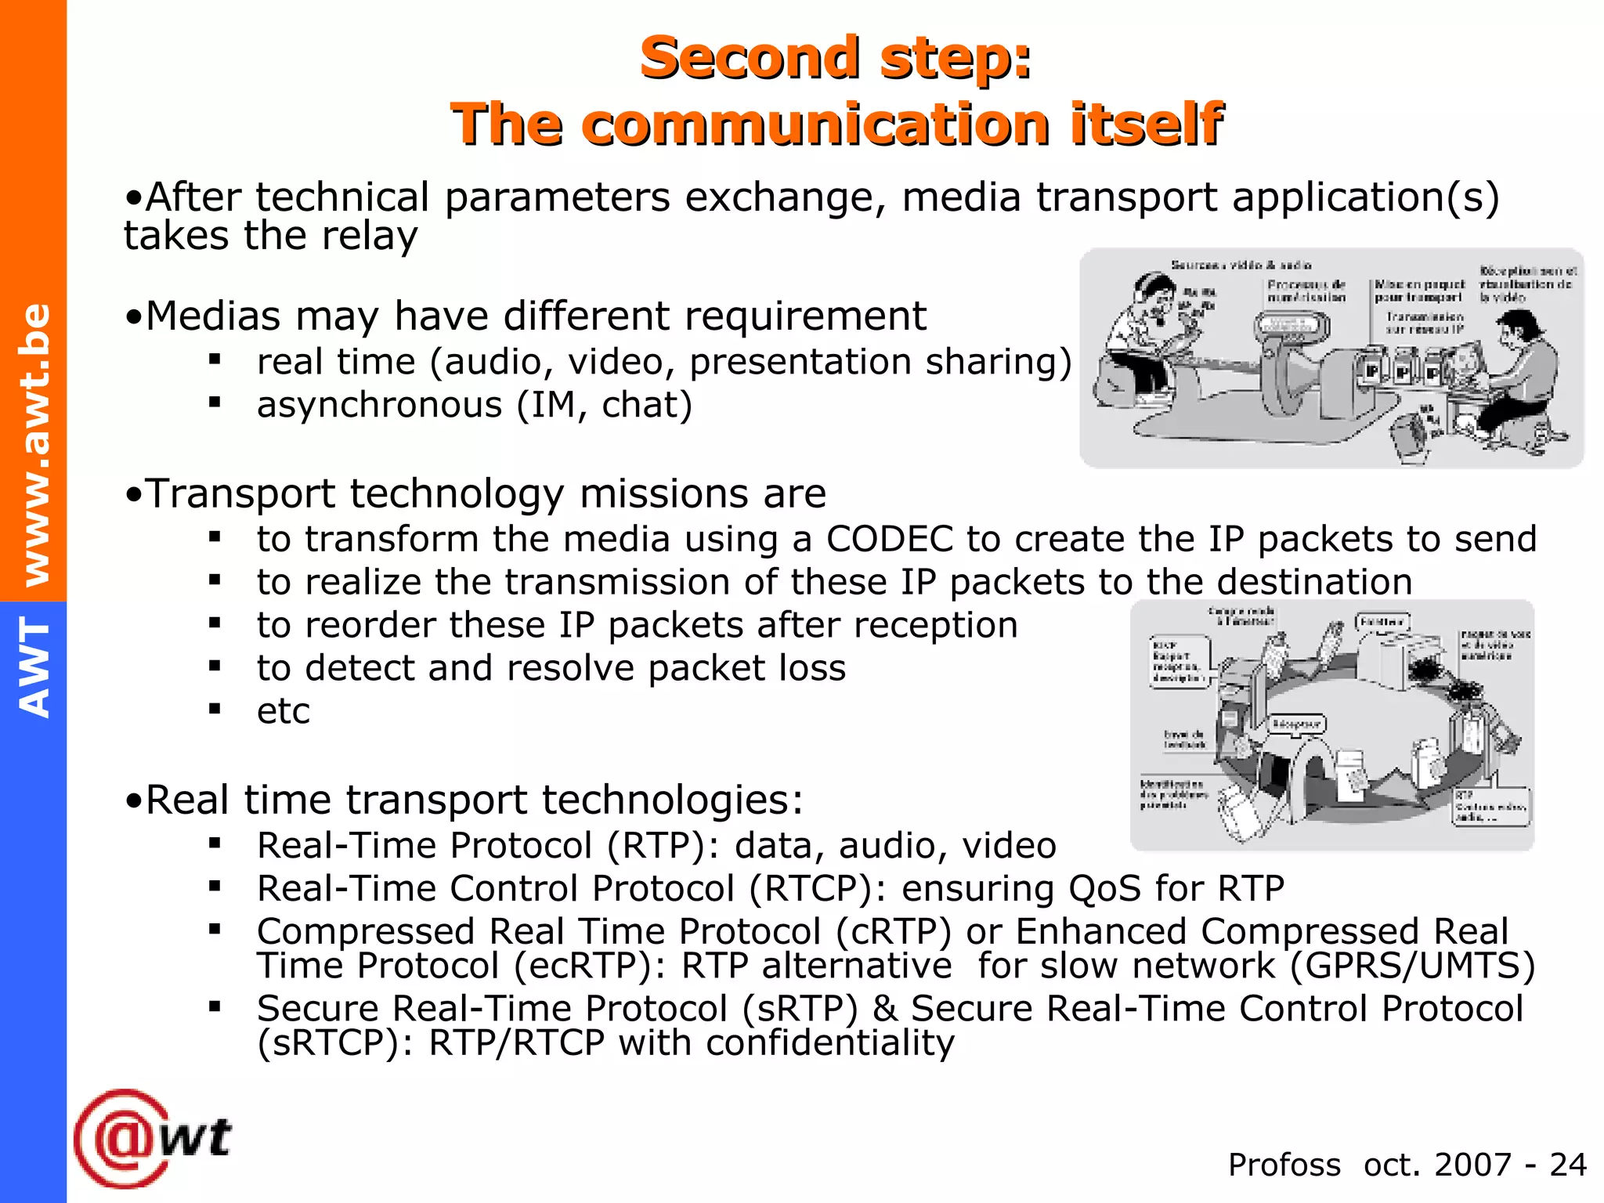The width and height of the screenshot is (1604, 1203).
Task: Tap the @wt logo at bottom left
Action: coord(153,1137)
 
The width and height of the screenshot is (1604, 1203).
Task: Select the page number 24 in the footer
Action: coord(1567,1165)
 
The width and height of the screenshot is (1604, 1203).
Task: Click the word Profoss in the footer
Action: coord(1284,1165)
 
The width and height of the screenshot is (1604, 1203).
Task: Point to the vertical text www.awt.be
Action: coord(35,444)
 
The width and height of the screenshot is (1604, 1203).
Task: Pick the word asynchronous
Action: coord(379,406)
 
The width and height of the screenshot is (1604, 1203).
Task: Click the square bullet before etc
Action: coord(215,709)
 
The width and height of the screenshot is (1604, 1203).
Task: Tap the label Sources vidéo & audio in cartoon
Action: coord(1241,266)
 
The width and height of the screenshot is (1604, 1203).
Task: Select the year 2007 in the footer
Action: coord(1472,1165)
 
